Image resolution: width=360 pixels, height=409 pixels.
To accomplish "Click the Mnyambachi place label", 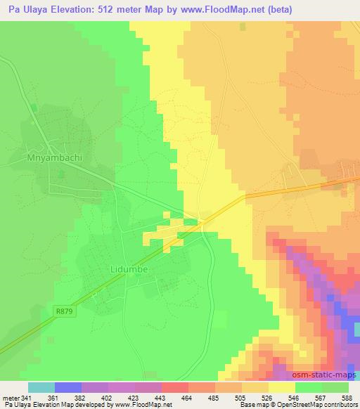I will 54,157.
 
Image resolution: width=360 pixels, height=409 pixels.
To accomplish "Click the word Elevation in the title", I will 75,10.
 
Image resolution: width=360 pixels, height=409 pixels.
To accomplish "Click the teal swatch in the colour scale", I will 41,387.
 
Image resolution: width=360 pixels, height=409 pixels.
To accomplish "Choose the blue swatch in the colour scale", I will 67,387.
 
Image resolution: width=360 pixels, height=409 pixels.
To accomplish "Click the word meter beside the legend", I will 11,398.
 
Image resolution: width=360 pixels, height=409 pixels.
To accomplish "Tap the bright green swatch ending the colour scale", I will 335,387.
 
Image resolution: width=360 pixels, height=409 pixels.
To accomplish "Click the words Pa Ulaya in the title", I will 26,10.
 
